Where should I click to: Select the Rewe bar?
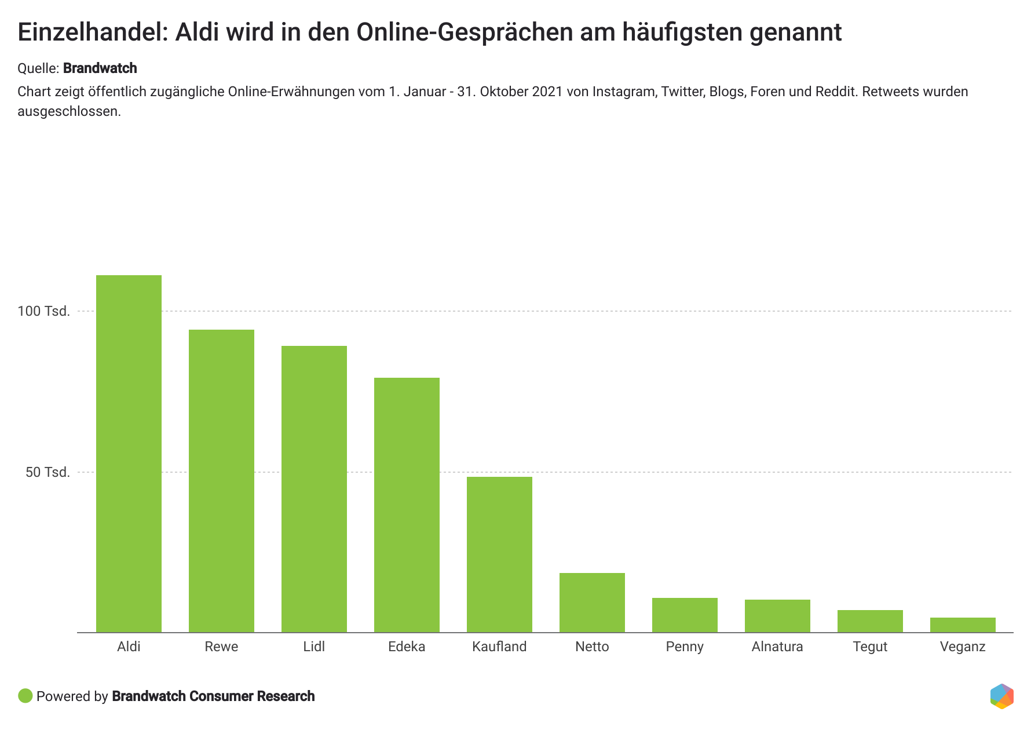221,481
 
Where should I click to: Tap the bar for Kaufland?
499,554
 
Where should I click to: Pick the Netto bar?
592,603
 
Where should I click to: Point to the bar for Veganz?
963,625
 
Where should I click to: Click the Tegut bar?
870,621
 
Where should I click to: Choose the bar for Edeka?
407,505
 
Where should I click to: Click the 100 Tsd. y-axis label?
43,311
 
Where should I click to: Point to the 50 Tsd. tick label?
47,472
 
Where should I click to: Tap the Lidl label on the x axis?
314,647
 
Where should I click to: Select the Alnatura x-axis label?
777,647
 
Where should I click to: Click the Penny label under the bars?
685,647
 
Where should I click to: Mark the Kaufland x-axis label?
499,647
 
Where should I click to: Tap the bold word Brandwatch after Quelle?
100,68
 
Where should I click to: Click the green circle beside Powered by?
25,696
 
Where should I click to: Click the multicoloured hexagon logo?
1001,696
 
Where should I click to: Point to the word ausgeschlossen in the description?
68,111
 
